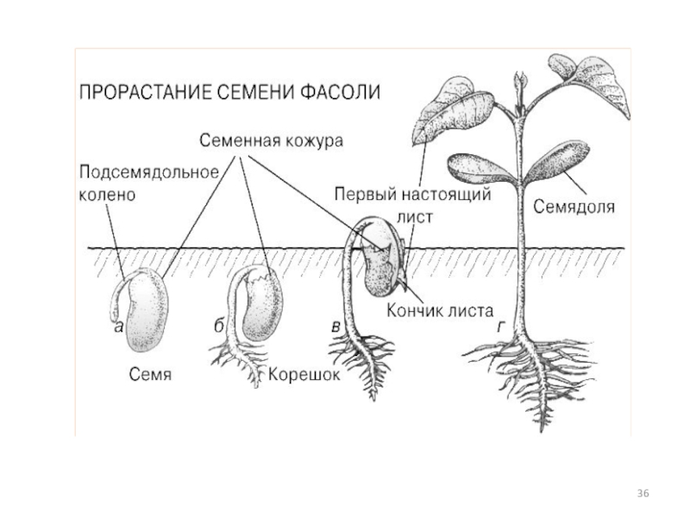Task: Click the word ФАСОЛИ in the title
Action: point(339,92)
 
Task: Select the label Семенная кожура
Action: point(272,140)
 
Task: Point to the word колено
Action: point(109,195)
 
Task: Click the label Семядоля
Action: point(574,207)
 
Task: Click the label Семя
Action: point(152,375)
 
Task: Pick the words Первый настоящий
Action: point(413,195)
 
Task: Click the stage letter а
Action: point(117,327)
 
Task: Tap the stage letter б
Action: point(219,327)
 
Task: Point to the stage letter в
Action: point(335,327)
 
